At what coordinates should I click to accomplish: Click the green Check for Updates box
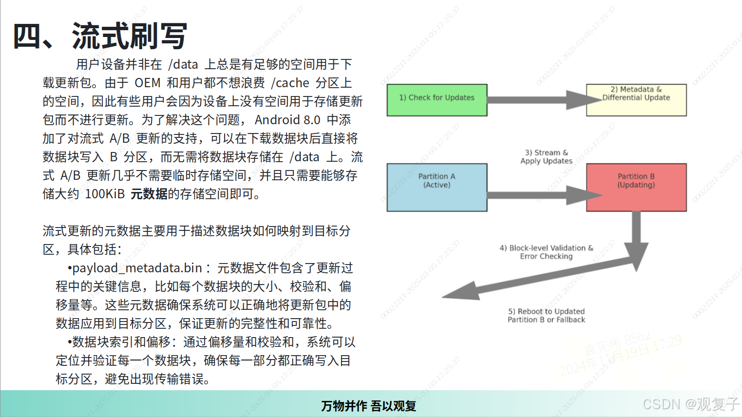tap(437, 100)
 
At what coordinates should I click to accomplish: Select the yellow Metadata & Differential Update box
tap(636, 100)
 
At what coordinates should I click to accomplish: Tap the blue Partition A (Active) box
tap(437, 187)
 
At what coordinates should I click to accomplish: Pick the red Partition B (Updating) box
tap(636, 187)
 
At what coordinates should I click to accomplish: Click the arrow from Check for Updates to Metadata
tap(536, 100)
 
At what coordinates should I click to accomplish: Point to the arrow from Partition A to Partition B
tap(536, 195)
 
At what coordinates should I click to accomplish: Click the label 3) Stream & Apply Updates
tap(546, 157)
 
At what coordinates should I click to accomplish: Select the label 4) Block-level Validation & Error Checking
tap(546, 252)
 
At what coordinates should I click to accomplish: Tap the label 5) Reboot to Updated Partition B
tap(546, 315)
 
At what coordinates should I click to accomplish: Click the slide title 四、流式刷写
tap(100, 36)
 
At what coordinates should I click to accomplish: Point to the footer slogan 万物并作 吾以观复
tap(368, 406)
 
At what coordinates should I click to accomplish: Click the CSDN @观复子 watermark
tap(690, 404)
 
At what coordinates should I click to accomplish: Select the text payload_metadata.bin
tap(137, 268)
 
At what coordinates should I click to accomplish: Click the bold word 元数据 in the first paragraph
tap(149, 194)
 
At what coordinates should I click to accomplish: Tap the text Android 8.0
tap(287, 120)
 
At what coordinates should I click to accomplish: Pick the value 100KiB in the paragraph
tap(105, 194)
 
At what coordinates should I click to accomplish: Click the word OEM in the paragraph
tap(148, 83)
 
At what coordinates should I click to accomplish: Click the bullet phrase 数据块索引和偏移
tap(121, 342)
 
